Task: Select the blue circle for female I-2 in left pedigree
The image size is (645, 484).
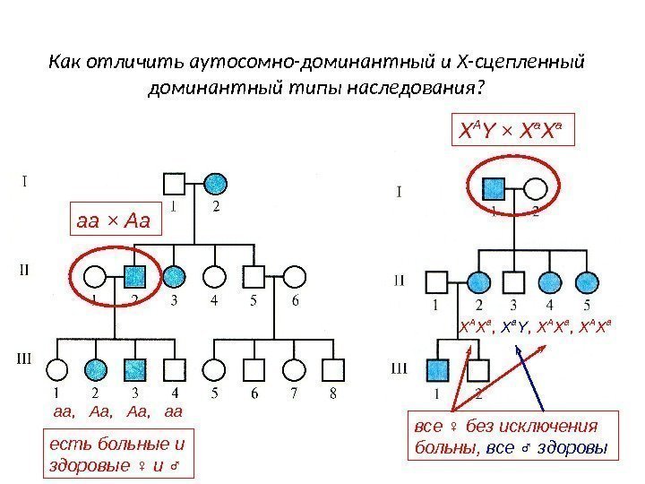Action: coord(214,185)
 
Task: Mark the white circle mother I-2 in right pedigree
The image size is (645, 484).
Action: coord(534,189)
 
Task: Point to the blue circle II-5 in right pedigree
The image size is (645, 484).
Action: coord(588,283)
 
